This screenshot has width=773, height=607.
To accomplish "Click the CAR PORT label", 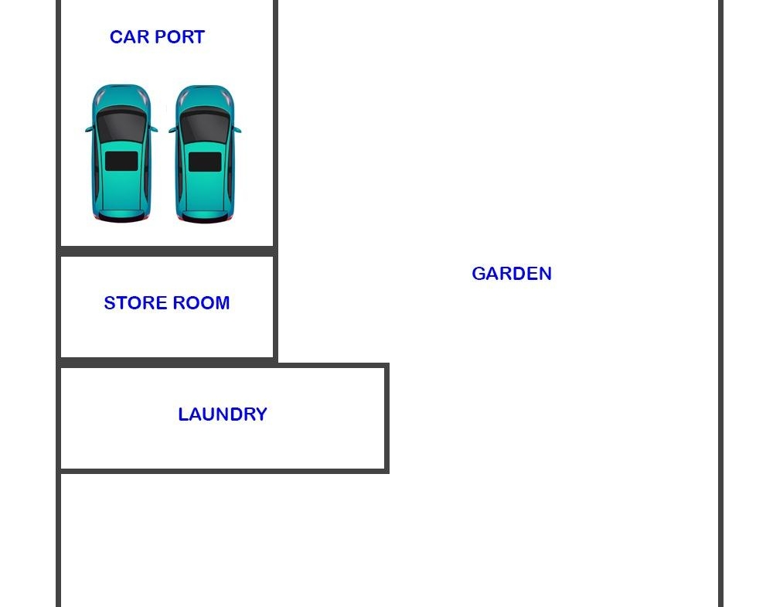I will pos(157,37).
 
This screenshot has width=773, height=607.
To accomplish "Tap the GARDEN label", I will pos(511,274).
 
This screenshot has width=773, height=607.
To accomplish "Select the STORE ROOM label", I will pos(166,303).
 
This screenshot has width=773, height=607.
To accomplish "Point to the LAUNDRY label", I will pos(222,414).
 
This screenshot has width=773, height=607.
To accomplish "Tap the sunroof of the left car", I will pos(121,161).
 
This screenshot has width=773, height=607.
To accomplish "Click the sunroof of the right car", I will pos(205,162).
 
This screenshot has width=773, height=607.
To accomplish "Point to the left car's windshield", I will pos(121,124).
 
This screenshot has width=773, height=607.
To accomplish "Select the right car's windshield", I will pos(205,124).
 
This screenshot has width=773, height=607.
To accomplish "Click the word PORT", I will pos(179,37).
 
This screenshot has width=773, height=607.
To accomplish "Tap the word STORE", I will pos(132,303).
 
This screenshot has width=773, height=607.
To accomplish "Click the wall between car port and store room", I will pos(166,251).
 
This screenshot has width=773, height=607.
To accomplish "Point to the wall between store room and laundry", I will pos(166,362).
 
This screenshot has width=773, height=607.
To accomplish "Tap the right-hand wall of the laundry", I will pos(386,418).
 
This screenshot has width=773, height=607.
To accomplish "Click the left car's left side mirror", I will pos(88,130).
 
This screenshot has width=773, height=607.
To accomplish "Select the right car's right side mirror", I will pos(237,130).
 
